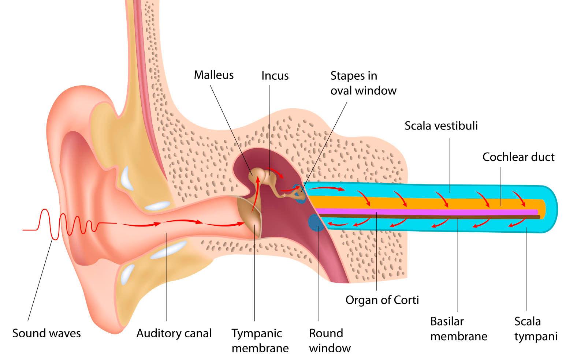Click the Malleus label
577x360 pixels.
[x=213, y=75]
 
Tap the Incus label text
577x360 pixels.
[x=275, y=76]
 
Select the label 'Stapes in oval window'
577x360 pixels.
[x=363, y=83]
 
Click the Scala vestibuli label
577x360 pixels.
[x=441, y=126]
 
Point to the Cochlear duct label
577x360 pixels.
[x=518, y=157]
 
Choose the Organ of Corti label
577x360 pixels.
[x=382, y=300]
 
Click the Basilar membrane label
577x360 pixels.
[x=458, y=329]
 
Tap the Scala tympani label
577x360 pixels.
[x=536, y=329]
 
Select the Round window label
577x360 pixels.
[x=330, y=341]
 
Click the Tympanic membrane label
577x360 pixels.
[x=260, y=341]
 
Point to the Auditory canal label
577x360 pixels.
[x=174, y=333]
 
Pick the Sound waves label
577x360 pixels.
[x=46, y=333]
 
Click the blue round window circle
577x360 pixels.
[x=316, y=222]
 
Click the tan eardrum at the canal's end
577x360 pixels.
[x=249, y=217]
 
